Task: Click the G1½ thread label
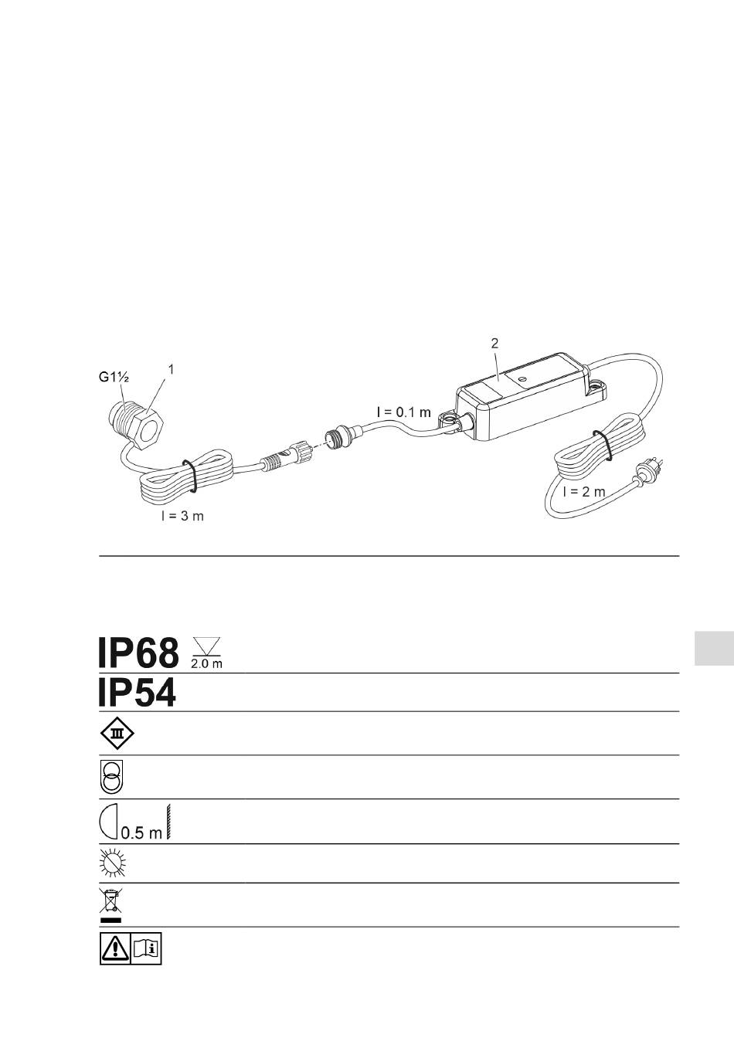(x=114, y=377)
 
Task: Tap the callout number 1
(x=171, y=369)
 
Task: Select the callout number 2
(x=494, y=344)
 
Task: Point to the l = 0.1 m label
(x=403, y=412)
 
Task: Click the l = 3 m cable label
(x=182, y=516)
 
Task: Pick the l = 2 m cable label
(x=584, y=491)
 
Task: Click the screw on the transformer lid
(x=522, y=378)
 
